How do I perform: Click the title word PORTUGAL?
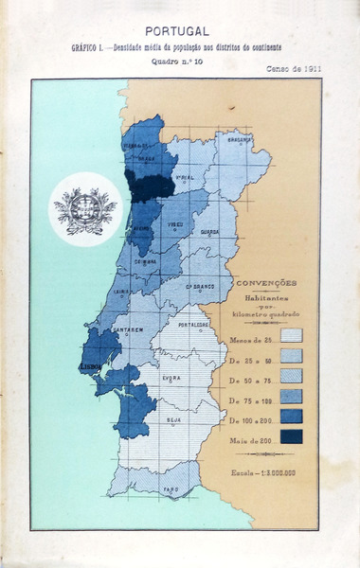177,31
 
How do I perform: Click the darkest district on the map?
150,186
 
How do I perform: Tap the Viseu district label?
176,225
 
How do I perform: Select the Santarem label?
129,330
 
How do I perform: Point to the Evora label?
171,377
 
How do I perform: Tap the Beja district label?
173,417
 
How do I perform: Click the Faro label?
171,489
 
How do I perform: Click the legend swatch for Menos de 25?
291,336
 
